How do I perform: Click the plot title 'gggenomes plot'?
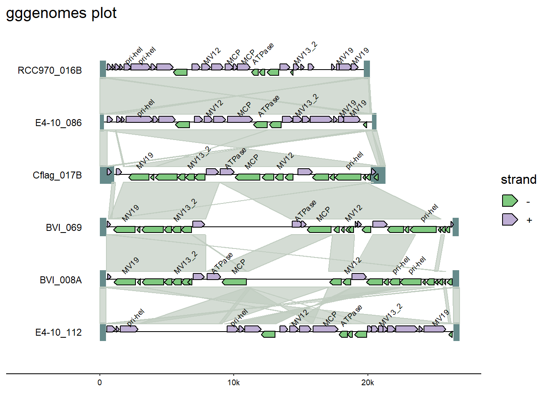61,13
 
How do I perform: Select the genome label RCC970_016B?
50,70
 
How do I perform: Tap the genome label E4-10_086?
58,123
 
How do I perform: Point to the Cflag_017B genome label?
57,175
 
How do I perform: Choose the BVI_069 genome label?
63,228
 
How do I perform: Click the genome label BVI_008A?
61,280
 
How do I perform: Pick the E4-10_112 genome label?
58,332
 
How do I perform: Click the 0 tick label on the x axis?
100,383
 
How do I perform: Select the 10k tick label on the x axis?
233,383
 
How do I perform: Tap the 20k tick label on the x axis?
367,383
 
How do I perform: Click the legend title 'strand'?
518,179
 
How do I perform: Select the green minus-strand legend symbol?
509,201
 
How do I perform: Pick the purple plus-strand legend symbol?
509,219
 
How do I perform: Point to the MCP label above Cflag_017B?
251,162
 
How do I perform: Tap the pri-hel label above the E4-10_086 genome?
146,107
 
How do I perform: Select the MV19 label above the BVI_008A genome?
131,265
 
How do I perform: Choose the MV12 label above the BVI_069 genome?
354,213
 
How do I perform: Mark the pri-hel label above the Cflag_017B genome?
354,160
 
